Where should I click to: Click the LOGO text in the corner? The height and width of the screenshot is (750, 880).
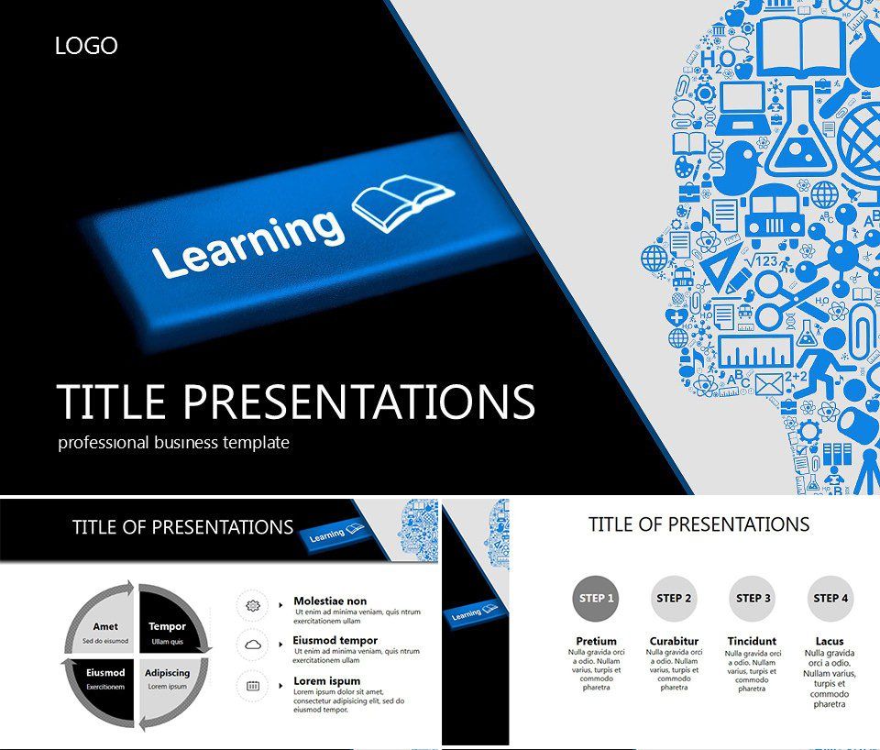click(x=86, y=46)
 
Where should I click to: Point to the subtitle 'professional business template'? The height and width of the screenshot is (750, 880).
click(x=173, y=443)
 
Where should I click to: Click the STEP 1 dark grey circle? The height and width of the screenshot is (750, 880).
click(x=593, y=599)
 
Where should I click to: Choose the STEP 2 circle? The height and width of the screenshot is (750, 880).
click(x=674, y=599)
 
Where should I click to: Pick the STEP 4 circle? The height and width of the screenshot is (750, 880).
click(x=830, y=599)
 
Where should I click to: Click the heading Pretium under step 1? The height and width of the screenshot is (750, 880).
click(x=596, y=641)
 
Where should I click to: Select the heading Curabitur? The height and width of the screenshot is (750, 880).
click(x=674, y=641)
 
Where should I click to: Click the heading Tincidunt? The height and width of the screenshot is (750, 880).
click(x=752, y=641)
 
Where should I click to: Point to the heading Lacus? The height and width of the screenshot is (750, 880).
click(x=829, y=641)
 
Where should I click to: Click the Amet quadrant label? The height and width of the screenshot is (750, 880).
click(x=105, y=627)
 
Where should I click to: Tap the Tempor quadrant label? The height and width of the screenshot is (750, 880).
click(x=167, y=627)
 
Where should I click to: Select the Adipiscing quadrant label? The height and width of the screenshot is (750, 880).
click(x=167, y=673)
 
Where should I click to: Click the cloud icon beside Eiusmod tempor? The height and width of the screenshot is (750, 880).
click(x=253, y=645)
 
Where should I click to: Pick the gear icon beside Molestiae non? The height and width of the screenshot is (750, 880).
click(x=253, y=605)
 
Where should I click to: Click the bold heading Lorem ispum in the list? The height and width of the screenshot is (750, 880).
click(x=326, y=681)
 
